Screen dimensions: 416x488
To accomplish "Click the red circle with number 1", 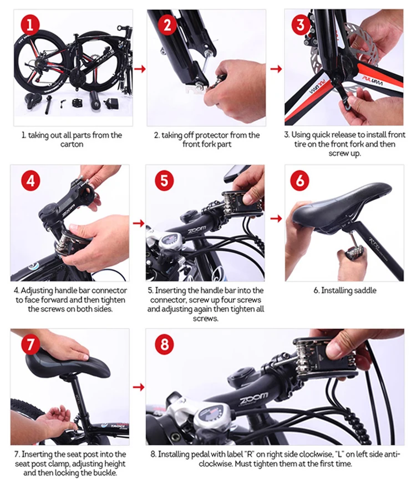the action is tap(30, 24).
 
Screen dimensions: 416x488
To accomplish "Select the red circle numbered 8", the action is tap(164, 344).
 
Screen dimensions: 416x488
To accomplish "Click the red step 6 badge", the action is tap(299, 180).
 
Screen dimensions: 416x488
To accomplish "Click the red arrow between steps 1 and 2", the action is tap(140, 69).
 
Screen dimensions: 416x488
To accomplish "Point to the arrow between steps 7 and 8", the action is tap(139, 387).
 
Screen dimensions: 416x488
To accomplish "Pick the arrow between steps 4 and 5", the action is tap(139, 223).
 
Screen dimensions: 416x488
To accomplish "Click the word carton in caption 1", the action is tap(72, 144).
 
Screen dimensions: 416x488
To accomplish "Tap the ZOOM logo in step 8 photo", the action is tap(253, 397).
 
